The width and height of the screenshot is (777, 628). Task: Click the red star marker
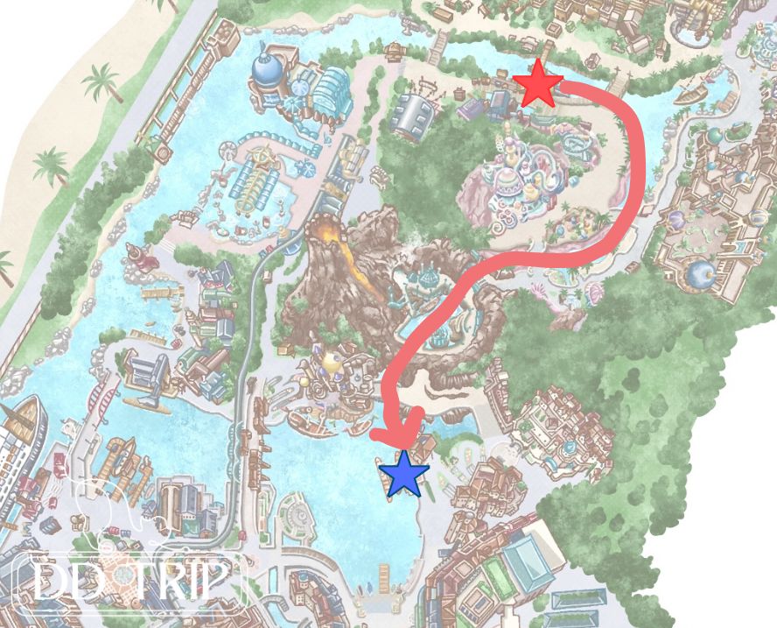click(x=537, y=84)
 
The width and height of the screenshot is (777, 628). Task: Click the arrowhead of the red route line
click(x=399, y=437)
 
